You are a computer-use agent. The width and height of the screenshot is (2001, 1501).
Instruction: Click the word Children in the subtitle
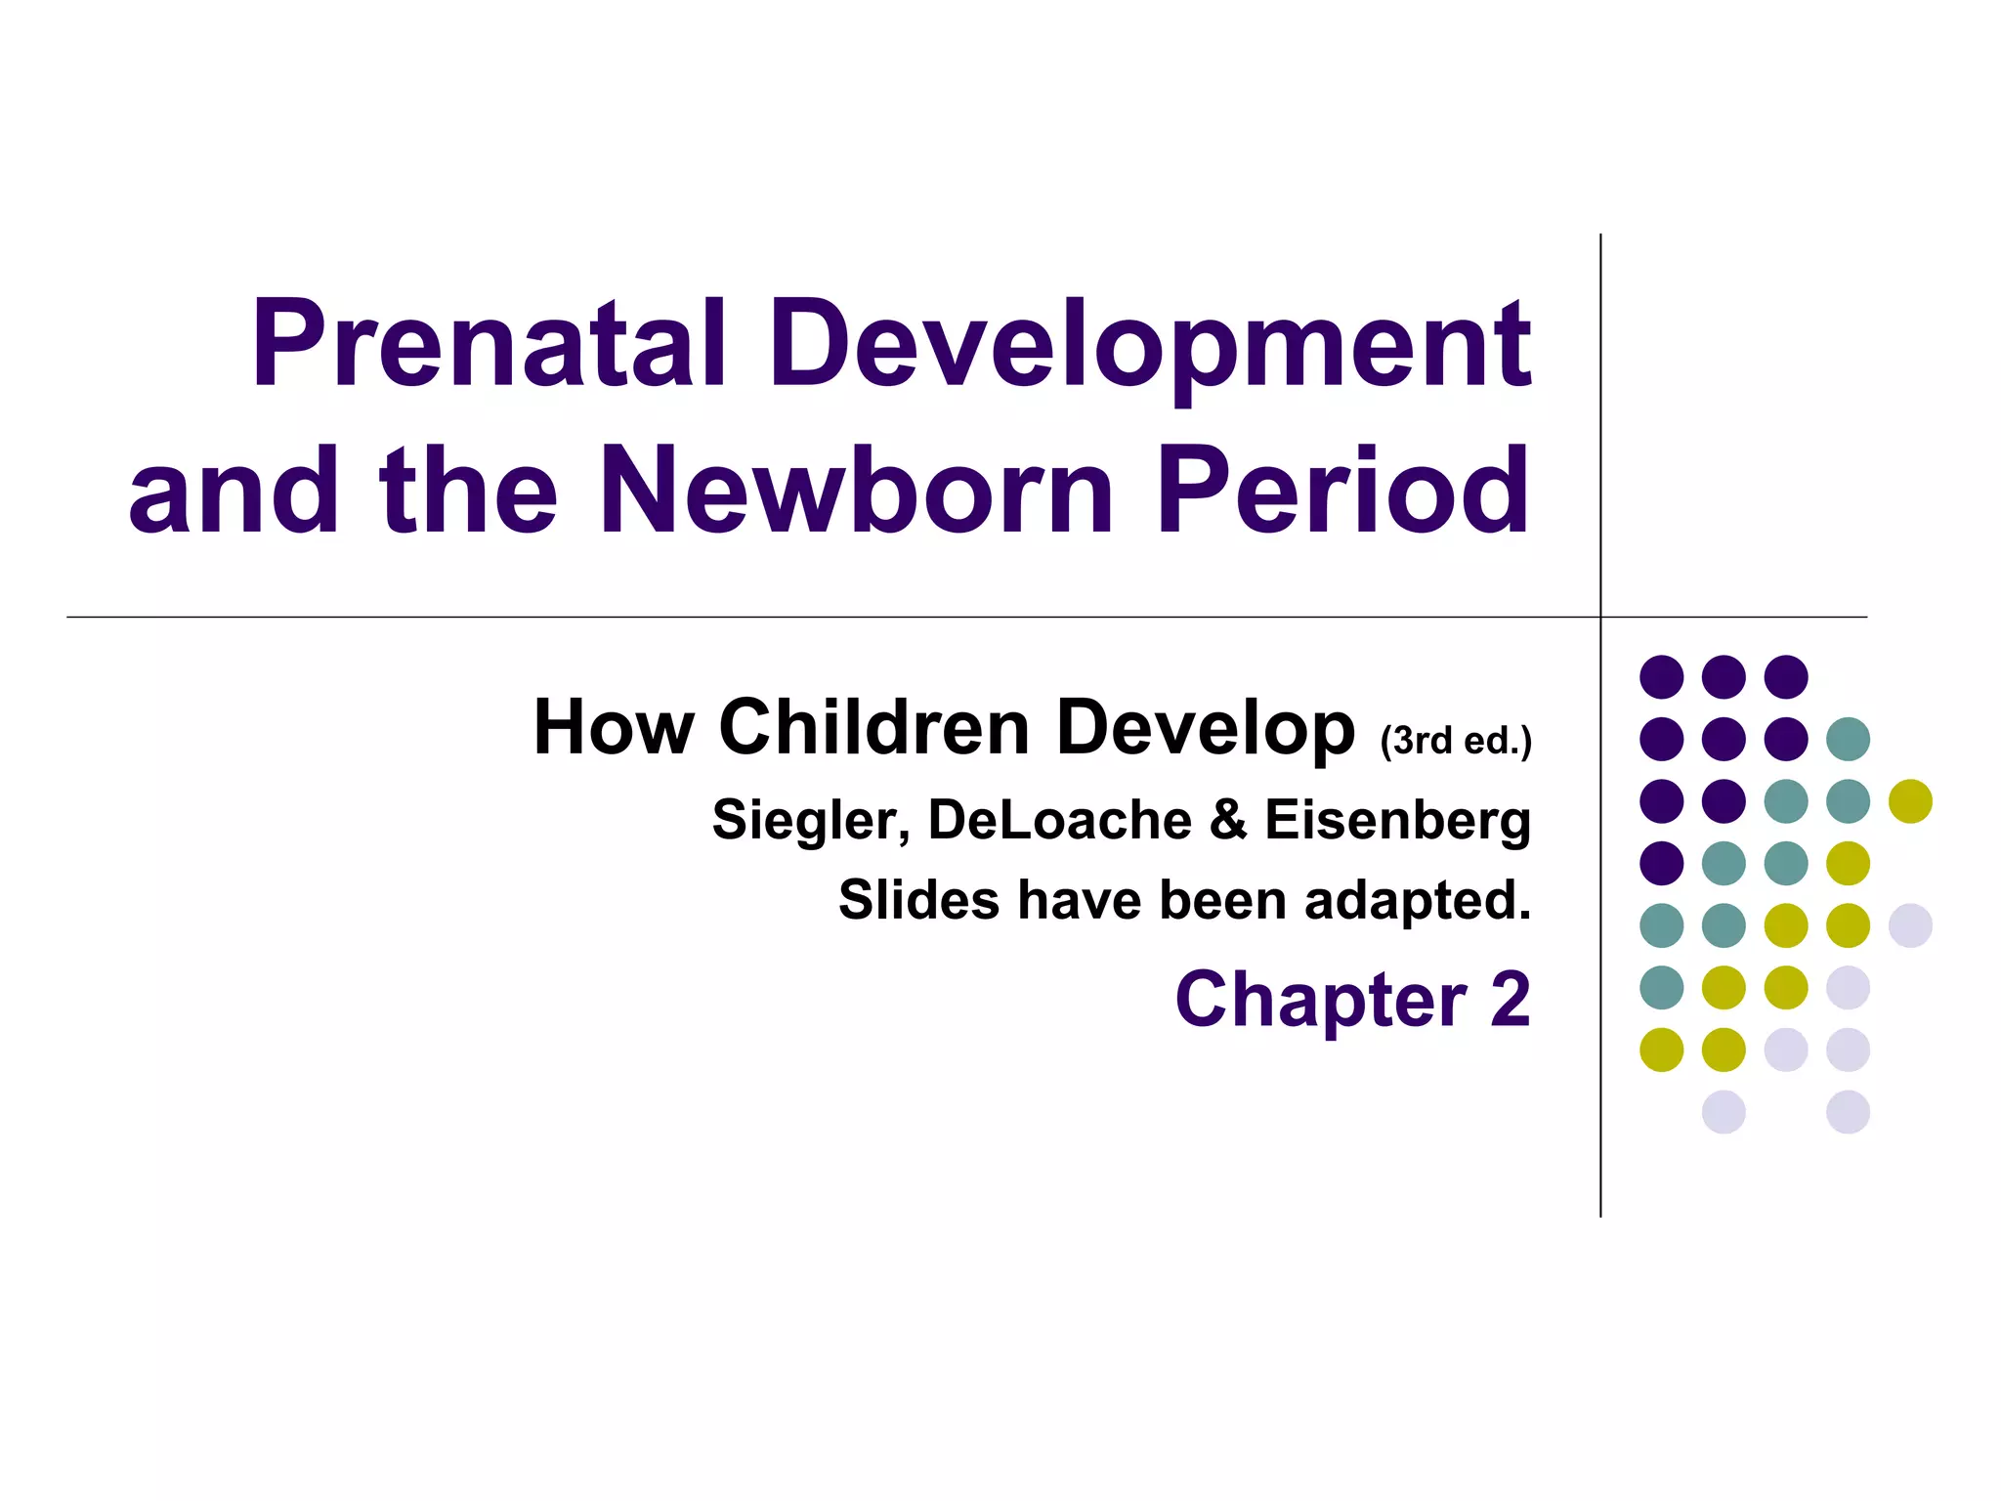(874, 727)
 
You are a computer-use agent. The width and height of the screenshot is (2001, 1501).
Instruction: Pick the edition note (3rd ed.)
(1455, 741)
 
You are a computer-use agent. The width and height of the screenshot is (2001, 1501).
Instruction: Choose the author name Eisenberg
(1397, 821)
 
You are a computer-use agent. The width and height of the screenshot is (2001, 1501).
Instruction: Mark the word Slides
(918, 899)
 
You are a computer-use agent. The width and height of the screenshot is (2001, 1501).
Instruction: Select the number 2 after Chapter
(1510, 1000)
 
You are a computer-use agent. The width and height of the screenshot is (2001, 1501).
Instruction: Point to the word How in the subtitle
(614, 727)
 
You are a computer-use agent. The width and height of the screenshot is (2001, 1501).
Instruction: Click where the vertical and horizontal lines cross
(1600, 617)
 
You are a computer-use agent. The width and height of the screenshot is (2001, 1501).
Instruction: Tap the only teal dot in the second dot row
(1848, 739)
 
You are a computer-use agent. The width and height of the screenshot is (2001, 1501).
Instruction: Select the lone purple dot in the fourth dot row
(1662, 863)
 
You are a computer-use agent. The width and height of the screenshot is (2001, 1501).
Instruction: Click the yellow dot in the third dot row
(1910, 801)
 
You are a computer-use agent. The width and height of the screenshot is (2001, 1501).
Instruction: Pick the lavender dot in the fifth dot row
(1910, 925)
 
